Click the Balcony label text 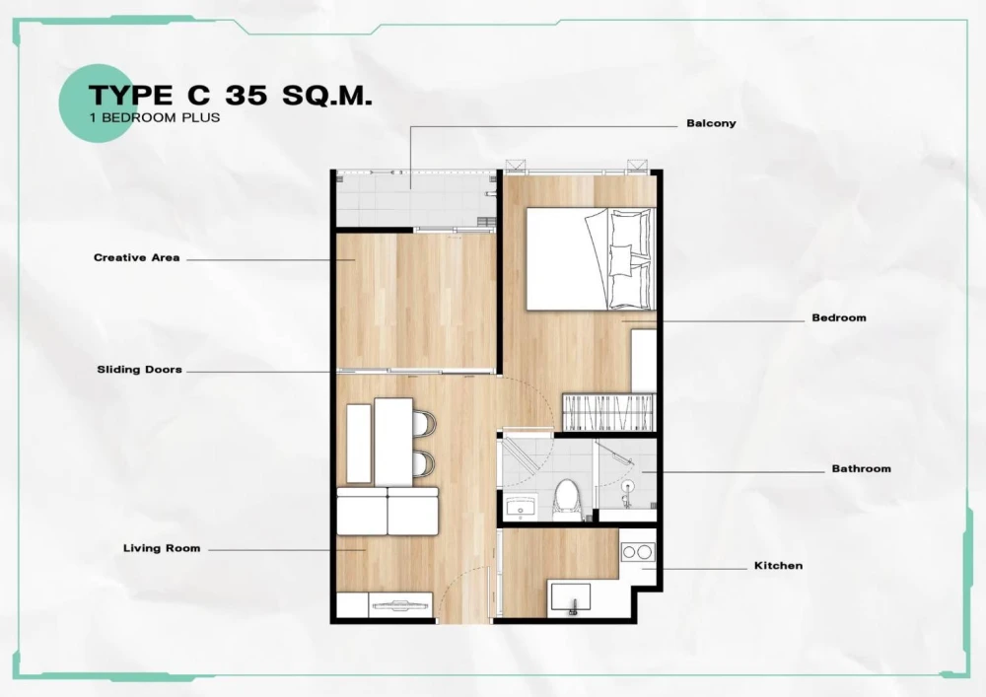(711, 123)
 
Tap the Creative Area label (136, 257)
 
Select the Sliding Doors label (140, 370)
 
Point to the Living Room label (162, 548)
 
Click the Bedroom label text (839, 317)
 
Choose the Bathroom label (861, 468)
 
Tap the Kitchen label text (779, 566)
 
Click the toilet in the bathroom (567, 500)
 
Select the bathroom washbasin (521, 507)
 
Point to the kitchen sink (571, 597)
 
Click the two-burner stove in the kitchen (637, 552)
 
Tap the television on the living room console (400, 606)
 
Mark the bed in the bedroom (591, 259)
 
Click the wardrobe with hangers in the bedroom (609, 412)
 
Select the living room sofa (387, 511)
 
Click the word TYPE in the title (130, 95)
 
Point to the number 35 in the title (246, 95)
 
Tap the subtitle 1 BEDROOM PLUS (155, 117)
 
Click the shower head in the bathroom (626, 485)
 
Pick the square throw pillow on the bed (620, 259)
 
